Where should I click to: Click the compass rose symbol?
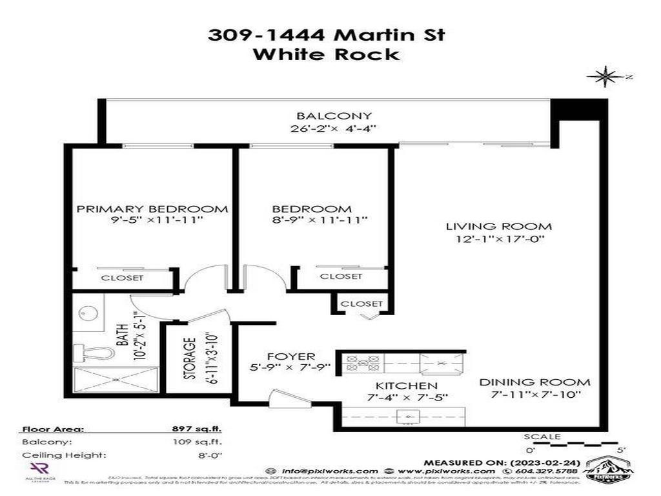coord(605,77)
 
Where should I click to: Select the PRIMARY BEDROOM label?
coord(152,209)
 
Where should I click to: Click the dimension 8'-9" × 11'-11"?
coord(320,221)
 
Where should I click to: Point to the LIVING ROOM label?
coord(499,227)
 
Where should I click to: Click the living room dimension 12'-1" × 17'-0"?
coord(499,240)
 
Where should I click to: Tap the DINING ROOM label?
coord(534,382)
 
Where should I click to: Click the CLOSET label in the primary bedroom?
coord(122,278)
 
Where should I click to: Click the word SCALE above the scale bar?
coord(542,437)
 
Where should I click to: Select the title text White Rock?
coord(326,54)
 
